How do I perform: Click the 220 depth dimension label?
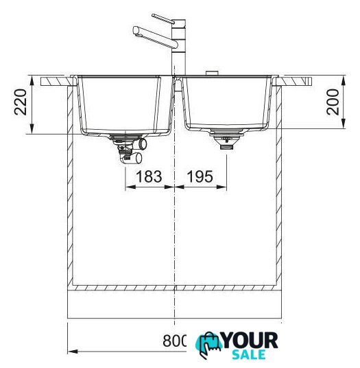(20, 102)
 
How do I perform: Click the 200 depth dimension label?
(333, 102)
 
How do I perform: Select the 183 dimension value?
(149, 176)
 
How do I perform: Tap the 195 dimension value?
(200, 176)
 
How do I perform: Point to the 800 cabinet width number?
(174, 341)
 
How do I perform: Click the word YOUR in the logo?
(250, 341)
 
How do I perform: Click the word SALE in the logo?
(249, 355)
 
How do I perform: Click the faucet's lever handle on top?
(163, 19)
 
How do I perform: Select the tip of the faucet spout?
(136, 31)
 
